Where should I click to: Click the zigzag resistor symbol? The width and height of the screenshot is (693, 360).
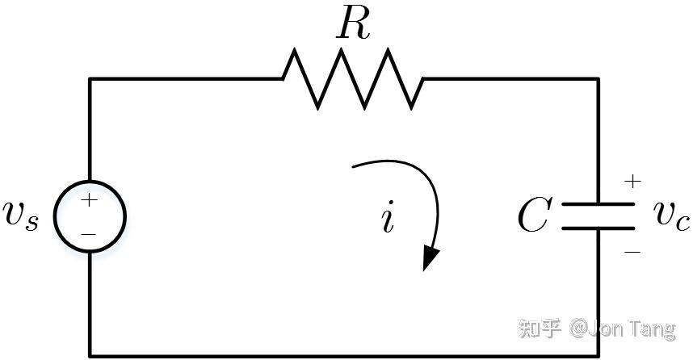pos(352,78)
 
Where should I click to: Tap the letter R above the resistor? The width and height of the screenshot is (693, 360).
pos(353,26)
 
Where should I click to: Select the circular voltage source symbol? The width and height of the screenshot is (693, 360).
pos(90,216)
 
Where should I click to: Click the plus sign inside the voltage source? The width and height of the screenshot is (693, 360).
pos(89,199)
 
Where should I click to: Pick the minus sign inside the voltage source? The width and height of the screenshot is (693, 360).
pos(89,233)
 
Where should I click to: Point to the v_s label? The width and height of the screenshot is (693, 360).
pos(21,216)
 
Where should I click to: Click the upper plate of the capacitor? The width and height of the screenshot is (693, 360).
pos(598,205)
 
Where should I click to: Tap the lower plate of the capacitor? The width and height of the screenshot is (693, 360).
pos(598,228)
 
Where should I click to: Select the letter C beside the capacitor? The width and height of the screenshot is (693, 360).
pos(534,216)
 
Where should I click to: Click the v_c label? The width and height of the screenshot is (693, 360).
pos(672,214)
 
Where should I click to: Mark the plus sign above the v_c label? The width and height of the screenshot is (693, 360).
pos(632,182)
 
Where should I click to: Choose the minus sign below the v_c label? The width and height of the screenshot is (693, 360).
pos(632,252)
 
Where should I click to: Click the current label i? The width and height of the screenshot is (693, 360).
pos(388,218)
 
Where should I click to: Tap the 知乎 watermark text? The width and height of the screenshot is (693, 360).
pos(540,329)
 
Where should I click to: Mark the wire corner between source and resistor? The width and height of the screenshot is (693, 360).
pos(90,78)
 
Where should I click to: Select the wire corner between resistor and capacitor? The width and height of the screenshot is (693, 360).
pos(598,78)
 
